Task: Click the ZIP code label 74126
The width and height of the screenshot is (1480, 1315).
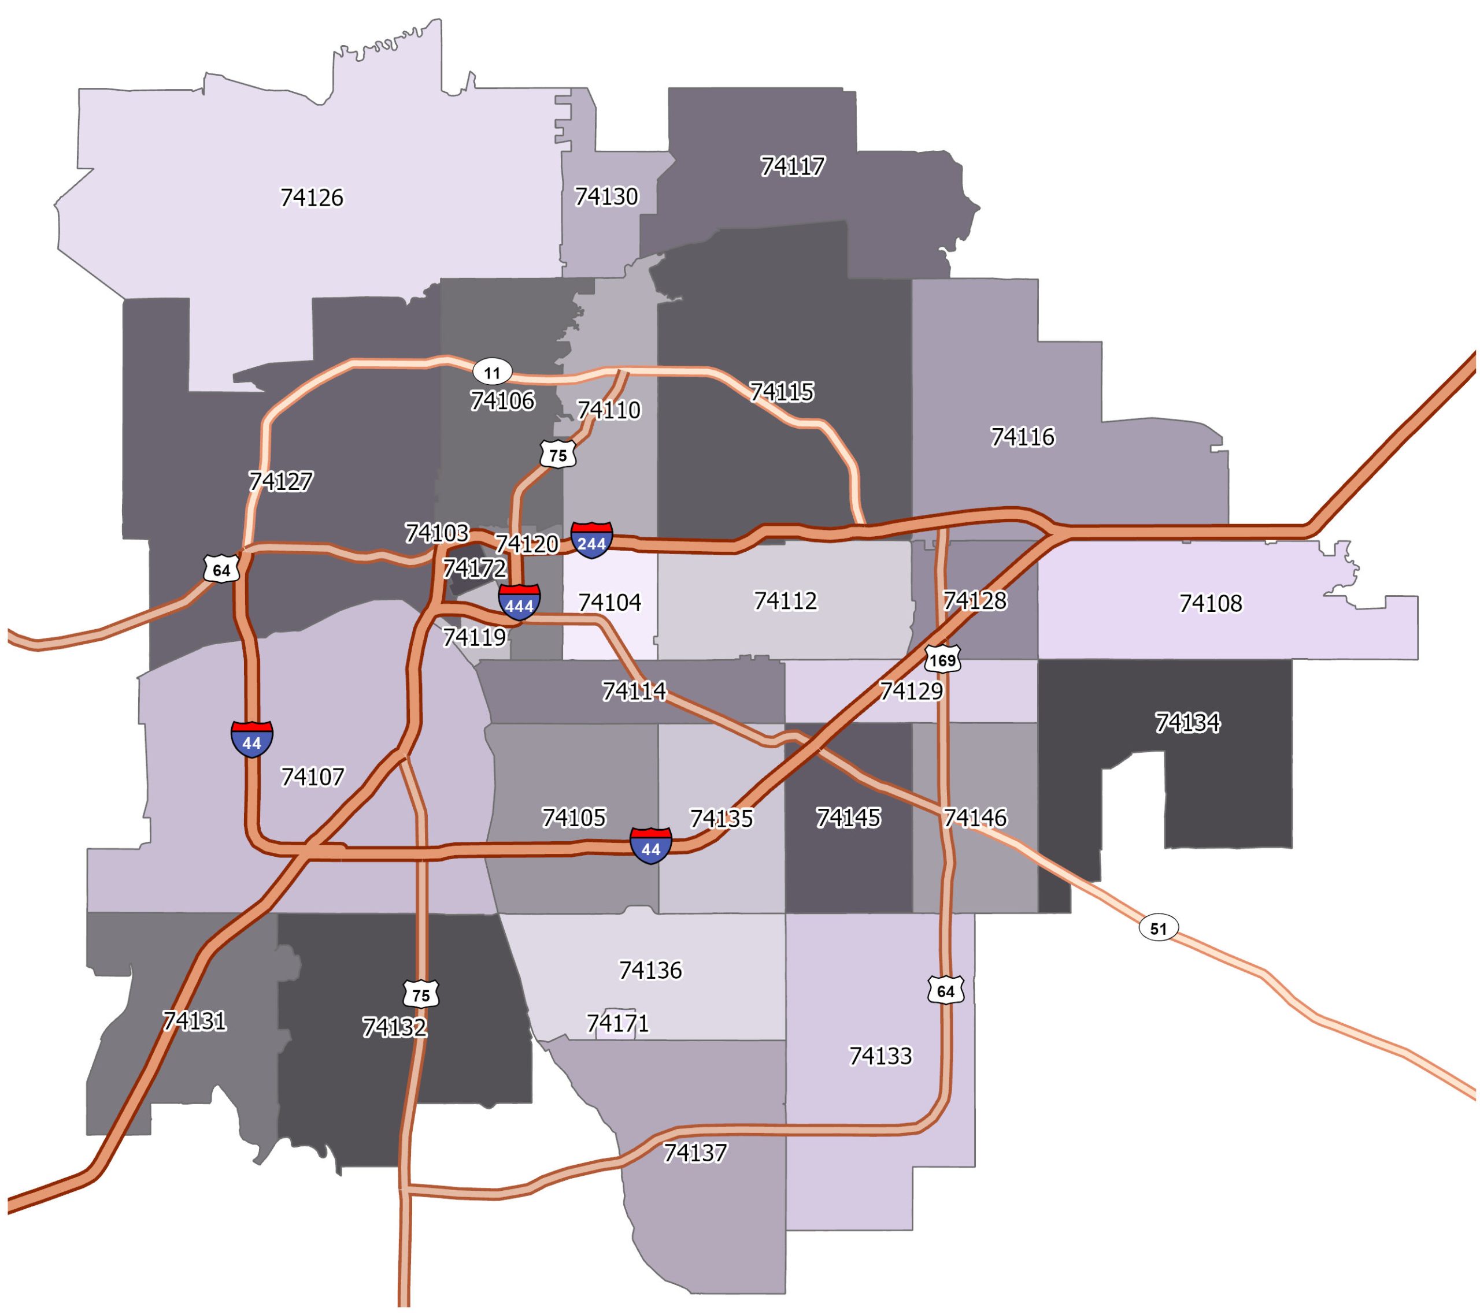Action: [312, 198]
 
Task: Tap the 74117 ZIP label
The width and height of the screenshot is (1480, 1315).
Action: [792, 166]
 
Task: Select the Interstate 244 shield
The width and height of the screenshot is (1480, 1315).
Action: [591, 540]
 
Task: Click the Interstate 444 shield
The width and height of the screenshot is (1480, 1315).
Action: [519, 602]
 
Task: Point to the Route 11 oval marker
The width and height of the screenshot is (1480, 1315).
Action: [493, 373]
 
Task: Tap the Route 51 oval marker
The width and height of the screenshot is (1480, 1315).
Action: [1159, 928]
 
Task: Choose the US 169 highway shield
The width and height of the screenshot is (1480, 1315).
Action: [942, 659]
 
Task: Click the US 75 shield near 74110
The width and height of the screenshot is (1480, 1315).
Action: [557, 455]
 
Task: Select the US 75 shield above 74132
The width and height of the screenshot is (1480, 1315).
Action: [421, 994]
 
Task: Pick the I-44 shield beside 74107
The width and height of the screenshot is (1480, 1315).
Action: [252, 739]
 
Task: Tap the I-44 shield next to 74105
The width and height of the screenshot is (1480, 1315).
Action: [651, 846]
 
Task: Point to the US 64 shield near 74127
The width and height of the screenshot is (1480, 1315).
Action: [221, 570]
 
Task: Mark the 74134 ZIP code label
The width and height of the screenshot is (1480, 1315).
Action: [1187, 722]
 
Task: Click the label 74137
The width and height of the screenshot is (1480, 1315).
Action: [694, 1153]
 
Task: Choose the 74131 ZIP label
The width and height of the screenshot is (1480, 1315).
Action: [194, 1021]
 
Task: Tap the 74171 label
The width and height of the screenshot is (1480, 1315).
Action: [617, 1023]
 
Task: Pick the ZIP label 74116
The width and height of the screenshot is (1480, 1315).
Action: [1022, 437]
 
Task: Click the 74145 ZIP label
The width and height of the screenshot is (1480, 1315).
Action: [848, 818]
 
